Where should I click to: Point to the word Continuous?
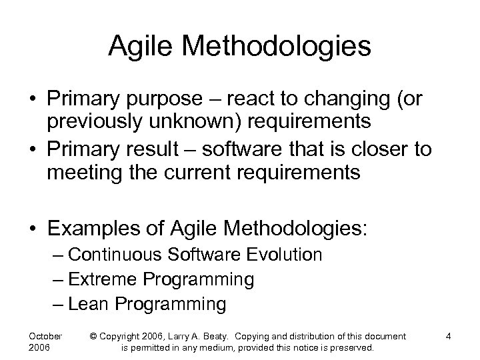pos(114,255)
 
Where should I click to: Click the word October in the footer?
pos(46,335)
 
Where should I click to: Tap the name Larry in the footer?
pos(208,335)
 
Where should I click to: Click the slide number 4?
pos(449,335)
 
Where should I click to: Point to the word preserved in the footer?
pos(352,347)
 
